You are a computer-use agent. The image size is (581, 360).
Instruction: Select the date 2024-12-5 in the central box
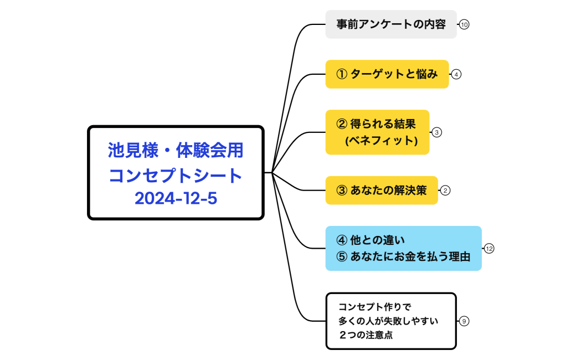coord(176,198)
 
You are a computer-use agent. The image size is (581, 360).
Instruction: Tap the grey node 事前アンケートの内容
coord(390,24)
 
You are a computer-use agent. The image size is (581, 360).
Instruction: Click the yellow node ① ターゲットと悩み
coord(387,74)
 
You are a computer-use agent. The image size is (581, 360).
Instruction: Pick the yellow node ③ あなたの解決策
coord(381,191)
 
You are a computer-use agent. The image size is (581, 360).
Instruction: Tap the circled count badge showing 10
coord(464,24)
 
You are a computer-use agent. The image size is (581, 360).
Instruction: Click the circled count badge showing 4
coord(456,74)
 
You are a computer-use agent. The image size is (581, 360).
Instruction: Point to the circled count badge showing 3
coord(436,132)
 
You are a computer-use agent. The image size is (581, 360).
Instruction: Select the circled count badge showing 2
coord(445,191)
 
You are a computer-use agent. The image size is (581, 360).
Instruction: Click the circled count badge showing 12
coord(489,249)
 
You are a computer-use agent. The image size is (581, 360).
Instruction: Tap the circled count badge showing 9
coord(464,321)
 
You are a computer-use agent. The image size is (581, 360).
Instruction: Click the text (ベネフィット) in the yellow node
coord(381,141)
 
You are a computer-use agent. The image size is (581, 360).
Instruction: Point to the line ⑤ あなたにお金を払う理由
coord(403,257)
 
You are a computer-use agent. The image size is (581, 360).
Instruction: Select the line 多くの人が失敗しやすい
coord(388,321)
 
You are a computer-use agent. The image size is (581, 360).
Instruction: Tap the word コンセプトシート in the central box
coord(176,175)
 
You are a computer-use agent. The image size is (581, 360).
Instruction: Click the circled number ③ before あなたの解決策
coord(342,191)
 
